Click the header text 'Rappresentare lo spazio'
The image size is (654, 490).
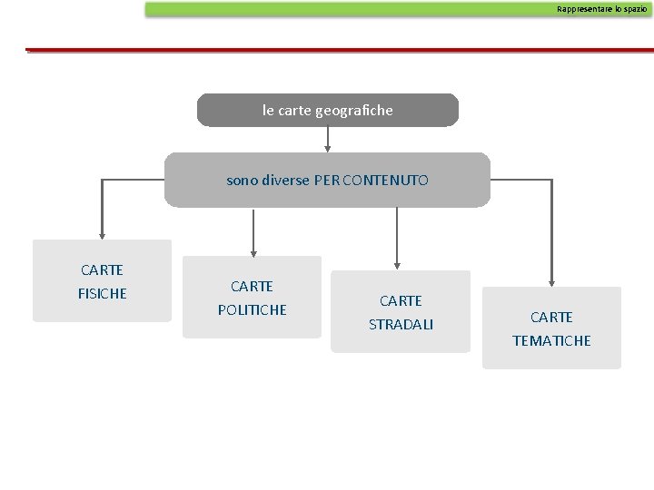[602, 8]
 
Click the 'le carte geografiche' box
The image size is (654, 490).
[328, 110]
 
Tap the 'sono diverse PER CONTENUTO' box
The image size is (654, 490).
[327, 180]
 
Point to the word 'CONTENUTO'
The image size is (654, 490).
[389, 181]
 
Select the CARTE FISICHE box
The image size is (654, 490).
[102, 280]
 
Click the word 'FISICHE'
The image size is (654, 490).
[103, 294]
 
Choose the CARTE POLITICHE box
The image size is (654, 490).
[252, 297]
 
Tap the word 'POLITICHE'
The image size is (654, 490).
[252, 310]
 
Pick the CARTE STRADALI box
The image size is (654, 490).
[401, 311]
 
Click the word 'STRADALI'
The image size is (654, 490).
[401, 325]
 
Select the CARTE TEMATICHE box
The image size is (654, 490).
[551, 328]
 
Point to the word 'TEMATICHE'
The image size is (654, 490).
[551, 341]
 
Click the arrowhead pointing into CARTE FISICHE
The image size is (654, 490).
[103, 232]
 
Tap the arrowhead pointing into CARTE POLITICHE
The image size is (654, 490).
[253, 250]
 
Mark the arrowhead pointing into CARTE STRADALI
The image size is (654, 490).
[397, 264]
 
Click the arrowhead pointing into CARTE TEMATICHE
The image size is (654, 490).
[551, 280]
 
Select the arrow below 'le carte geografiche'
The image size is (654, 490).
[328, 139]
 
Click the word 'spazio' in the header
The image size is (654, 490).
[634, 8]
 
